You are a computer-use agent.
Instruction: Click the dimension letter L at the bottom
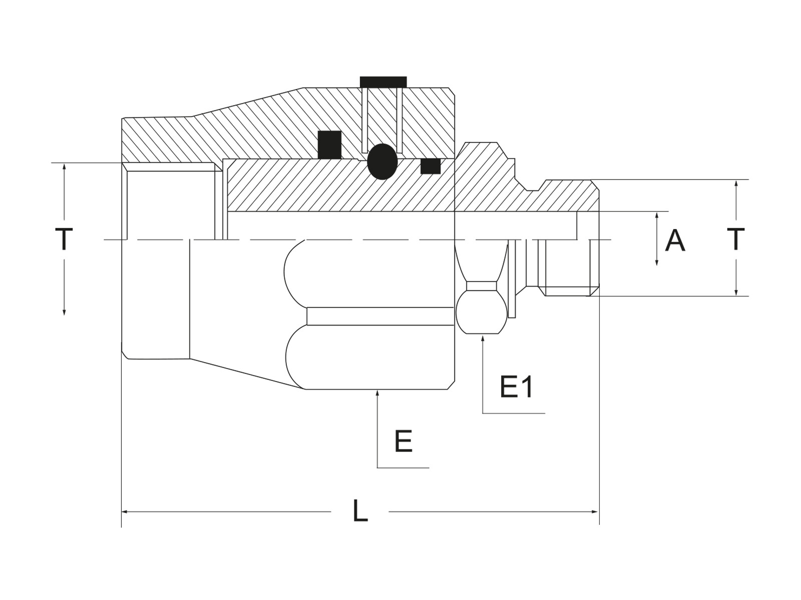[x=360, y=510]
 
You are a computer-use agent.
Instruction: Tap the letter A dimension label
[x=675, y=240]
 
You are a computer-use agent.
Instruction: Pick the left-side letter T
[x=64, y=239]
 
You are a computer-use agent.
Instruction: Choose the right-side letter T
[x=736, y=239]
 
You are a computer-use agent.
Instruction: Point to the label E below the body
[x=403, y=441]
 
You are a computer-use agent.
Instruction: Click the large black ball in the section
[x=382, y=161]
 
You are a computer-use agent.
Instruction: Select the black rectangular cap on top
[x=383, y=82]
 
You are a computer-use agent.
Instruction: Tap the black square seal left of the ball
[x=329, y=145]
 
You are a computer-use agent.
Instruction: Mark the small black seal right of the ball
[x=430, y=166]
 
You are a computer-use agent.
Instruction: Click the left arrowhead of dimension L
[x=124, y=511]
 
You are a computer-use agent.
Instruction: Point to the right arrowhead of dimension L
[x=594, y=511]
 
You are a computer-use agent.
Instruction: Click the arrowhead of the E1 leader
[x=483, y=338]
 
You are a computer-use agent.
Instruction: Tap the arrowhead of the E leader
[x=377, y=392]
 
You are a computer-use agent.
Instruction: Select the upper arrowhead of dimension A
[x=657, y=215]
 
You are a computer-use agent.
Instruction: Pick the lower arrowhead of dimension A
[x=657, y=262]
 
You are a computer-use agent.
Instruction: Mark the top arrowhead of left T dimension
[x=64, y=167]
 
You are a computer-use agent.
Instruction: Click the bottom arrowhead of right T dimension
[x=736, y=292]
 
